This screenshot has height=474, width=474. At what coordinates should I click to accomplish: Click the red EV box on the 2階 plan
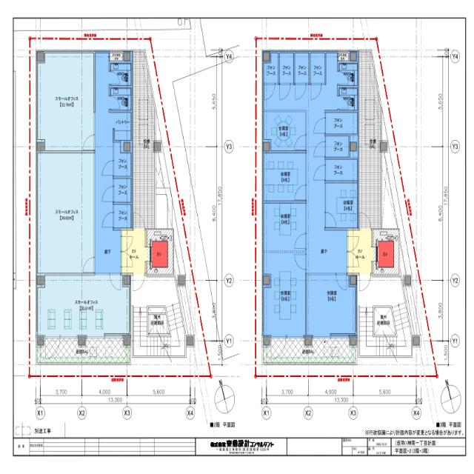(x=158, y=253)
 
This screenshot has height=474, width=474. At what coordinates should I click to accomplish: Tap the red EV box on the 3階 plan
(x=384, y=253)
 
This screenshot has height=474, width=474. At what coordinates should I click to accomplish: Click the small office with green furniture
(x=79, y=312)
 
